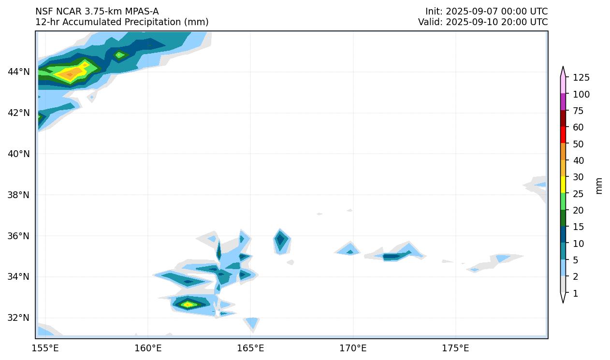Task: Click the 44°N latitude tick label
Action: coord(19,72)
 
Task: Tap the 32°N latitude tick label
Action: coord(19,318)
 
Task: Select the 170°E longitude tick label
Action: coord(353,348)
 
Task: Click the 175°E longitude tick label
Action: coord(455,348)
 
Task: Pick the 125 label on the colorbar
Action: coord(581,78)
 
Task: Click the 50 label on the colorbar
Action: coord(579,144)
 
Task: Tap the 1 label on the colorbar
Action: coord(575,293)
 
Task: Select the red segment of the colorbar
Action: coord(563,135)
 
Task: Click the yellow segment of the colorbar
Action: coord(563,185)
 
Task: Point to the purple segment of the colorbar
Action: coord(563,102)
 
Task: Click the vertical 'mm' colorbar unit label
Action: coord(599,186)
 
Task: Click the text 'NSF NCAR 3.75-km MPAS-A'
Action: coord(97,12)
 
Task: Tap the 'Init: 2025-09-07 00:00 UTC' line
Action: coord(486,12)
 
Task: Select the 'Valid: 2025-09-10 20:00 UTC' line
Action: coord(483,22)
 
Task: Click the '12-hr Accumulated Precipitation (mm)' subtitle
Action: coord(122,22)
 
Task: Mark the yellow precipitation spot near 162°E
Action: coord(188,304)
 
